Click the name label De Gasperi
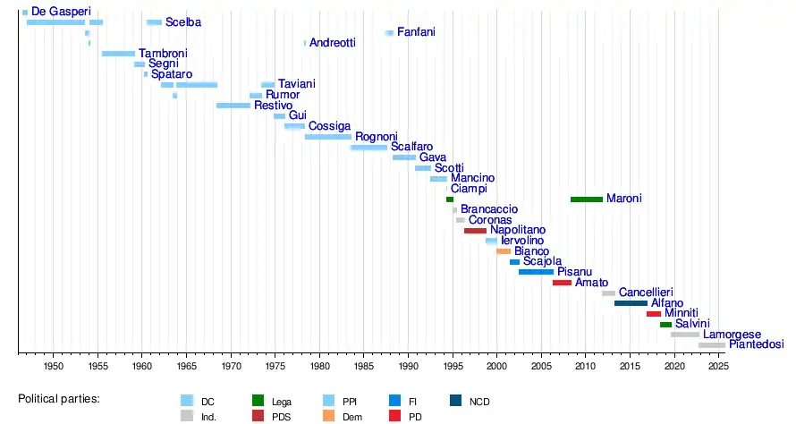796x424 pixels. click(61, 11)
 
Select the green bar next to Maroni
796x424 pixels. click(586, 199)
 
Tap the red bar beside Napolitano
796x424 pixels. click(475, 231)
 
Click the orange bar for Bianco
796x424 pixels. click(504, 251)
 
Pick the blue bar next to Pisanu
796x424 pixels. click(536, 272)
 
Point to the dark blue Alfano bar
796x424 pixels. click(631, 303)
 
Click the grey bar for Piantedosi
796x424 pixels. click(712, 344)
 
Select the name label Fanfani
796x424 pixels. click(416, 32)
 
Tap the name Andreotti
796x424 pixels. click(332, 43)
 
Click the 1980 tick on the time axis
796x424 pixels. click(319, 367)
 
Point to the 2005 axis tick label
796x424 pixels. click(541, 367)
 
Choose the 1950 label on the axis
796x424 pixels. click(53, 367)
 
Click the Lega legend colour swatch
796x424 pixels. click(258, 402)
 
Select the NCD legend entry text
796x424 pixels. click(479, 402)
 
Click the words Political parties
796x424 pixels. click(59, 397)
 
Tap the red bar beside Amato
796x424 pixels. click(562, 283)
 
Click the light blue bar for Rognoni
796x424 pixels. click(328, 137)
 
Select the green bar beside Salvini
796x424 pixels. click(665, 324)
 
